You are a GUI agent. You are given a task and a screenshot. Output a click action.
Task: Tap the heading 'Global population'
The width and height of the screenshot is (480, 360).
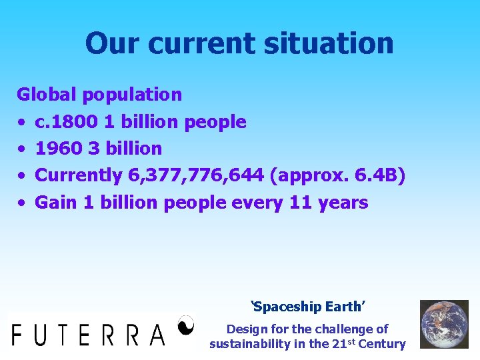click(x=99, y=95)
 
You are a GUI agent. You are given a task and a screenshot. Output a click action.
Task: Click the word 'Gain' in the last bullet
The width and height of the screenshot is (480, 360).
click(x=56, y=202)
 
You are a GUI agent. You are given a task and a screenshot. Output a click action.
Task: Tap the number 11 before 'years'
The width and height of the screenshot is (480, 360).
click(x=300, y=202)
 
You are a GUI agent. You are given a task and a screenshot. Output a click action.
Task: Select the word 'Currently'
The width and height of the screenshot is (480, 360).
click(x=79, y=175)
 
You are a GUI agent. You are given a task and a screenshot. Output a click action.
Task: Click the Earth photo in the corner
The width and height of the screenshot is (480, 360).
click(x=443, y=324)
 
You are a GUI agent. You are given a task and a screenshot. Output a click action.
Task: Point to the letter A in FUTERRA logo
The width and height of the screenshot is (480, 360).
click(x=157, y=333)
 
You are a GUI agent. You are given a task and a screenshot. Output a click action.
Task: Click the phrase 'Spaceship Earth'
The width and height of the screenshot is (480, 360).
click(x=307, y=307)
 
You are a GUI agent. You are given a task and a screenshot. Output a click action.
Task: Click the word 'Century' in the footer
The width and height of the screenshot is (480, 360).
click(x=381, y=344)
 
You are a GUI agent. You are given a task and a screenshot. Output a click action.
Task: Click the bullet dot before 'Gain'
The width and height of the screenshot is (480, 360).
click(x=21, y=203)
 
